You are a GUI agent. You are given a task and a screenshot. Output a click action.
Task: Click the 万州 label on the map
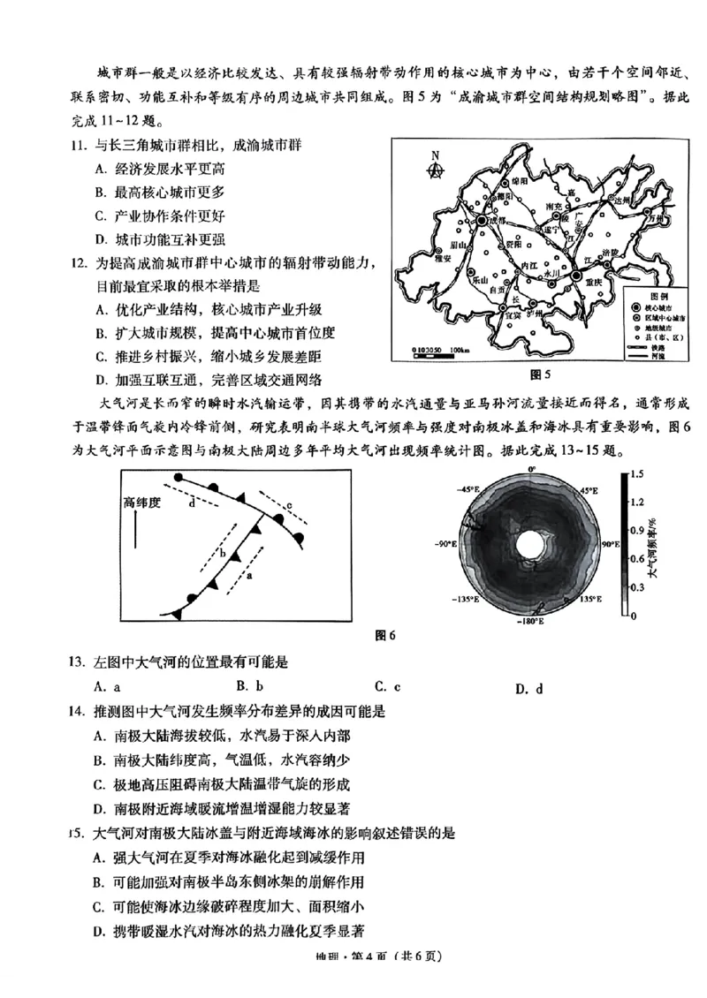point(653,215)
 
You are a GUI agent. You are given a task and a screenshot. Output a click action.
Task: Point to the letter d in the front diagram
point(192,504)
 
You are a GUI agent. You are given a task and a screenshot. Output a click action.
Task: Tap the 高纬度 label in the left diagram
point(141,503)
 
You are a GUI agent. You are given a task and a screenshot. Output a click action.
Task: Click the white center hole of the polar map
point(530,541)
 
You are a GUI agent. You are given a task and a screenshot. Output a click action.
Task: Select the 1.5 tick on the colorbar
point(638,474)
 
